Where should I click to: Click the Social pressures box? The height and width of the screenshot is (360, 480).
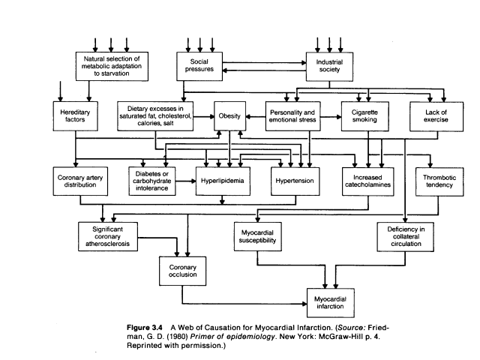click(x=199, y=64)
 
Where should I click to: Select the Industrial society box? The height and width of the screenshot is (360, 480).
click(x=330, y=64)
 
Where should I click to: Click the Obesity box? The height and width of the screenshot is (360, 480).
click(x=229, y=116)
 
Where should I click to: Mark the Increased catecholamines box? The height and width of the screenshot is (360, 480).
click(x=373, y=181)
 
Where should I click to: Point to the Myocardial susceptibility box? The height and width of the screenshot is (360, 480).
click(x=256, y=236)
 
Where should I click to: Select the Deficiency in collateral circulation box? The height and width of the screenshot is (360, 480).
click(x=406, y=236)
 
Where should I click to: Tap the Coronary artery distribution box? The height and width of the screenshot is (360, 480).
click(x=83, y=181)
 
